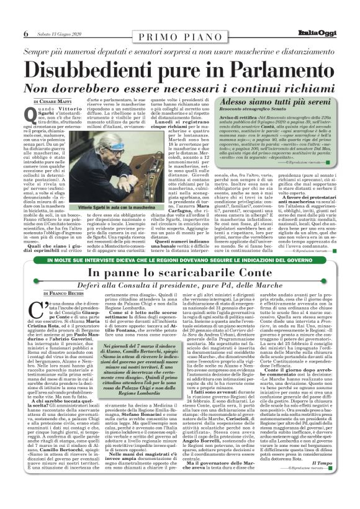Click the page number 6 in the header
pos(25,33)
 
